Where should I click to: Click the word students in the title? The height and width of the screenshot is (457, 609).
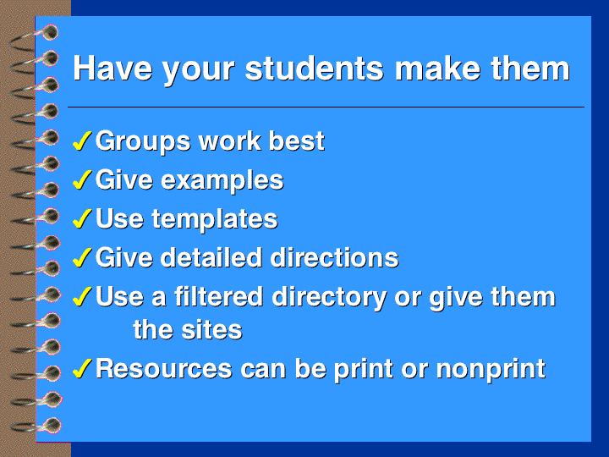(314, 69)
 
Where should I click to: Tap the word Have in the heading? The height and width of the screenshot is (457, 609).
(112, 69)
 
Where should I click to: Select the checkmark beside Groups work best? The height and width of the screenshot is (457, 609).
(82, 140)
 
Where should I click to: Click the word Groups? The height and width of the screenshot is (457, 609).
(143, 141)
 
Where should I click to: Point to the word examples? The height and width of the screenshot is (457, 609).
(222, 181)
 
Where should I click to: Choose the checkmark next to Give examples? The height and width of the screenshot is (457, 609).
(82, 179)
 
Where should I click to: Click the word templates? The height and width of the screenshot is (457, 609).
(214, 219)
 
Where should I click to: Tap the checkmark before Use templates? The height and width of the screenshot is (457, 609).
(82, 218)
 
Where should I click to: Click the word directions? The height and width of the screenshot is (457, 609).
(334, 257)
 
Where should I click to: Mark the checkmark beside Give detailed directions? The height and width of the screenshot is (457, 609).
(82, 257)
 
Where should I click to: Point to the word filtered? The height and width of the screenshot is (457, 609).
(219, 296)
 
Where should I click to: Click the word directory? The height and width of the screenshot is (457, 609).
(329, 298)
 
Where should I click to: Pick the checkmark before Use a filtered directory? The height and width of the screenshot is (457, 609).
(82, 296)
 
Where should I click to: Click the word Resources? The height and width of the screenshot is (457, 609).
(164, 368)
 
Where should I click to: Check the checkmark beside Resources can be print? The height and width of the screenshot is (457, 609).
(82, 368)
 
